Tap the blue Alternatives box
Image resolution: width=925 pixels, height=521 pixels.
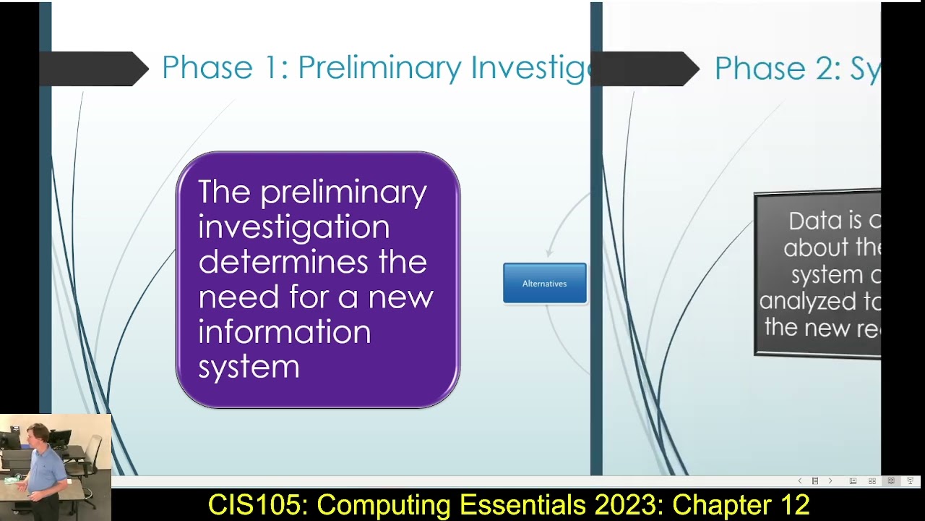click(544, 283)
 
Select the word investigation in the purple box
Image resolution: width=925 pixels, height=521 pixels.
click(293, 226)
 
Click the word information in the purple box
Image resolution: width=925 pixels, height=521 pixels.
click(284, 331)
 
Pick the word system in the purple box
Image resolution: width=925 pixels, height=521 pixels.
click(249, 367)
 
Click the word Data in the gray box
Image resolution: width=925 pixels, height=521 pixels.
click(815, 221)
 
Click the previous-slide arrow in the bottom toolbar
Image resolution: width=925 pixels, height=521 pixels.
click(799, 481)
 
